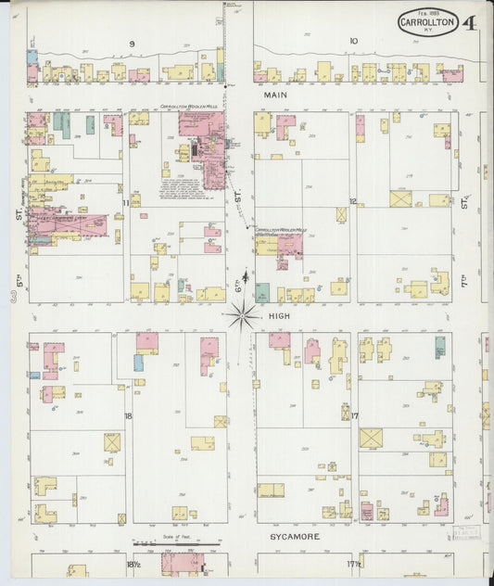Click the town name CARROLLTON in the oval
pyautogui.click(x=428, y=21)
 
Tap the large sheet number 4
pyautogui.click(x=471, y=23)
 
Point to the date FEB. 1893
pyautogui.click(x=428, y=12)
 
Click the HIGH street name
pyautogui.click(x=279, y=315)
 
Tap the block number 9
pyautogui.click(x=132, y=43)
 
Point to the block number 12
pyautogui.click(x=353, y=201)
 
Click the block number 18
pyautogui.click(x=128, y=416)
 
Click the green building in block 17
pyautogui.click(x=439, y=347)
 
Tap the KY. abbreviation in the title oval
pyautogui.click(x=428, y=31)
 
